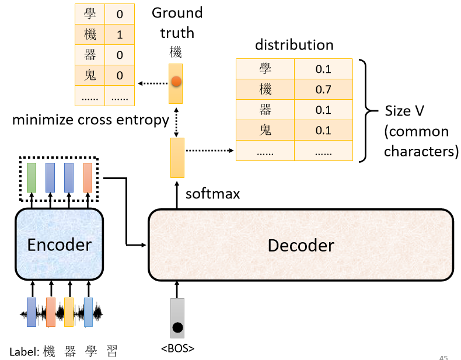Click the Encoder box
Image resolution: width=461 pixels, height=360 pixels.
(x=60, y=244)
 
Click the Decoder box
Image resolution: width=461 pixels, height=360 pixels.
(x=301, y=245)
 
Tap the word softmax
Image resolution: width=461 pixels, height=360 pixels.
(x=213, y=194)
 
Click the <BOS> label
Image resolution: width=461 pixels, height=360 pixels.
(x=177, y=349)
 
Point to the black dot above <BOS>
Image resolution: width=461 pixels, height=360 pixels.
(x=177, y=327)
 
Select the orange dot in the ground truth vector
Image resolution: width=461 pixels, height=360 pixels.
(x=176, y=82)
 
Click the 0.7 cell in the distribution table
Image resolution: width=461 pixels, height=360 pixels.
(x=323, y=89)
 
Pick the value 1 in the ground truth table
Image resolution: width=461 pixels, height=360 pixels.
(x=120, y=35)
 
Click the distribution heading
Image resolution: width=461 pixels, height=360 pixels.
(x=294, y=45)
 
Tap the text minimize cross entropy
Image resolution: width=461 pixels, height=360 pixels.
(x=90, y=120)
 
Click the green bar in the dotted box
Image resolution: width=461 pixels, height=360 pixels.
(x=32, y=178)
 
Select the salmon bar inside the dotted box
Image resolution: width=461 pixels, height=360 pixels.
(x=88, y=178)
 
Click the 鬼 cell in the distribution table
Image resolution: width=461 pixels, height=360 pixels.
(x=265, y=130)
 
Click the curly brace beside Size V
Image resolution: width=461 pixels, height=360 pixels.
(x=366, y=110)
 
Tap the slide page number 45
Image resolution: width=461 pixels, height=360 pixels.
(x=443, y=356)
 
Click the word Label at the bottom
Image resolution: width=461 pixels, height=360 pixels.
(x=24, y=352)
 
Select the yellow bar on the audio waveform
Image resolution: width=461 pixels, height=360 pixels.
(x=69, y=313)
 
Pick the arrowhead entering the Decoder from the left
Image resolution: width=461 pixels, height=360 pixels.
(x=145, y=244)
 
